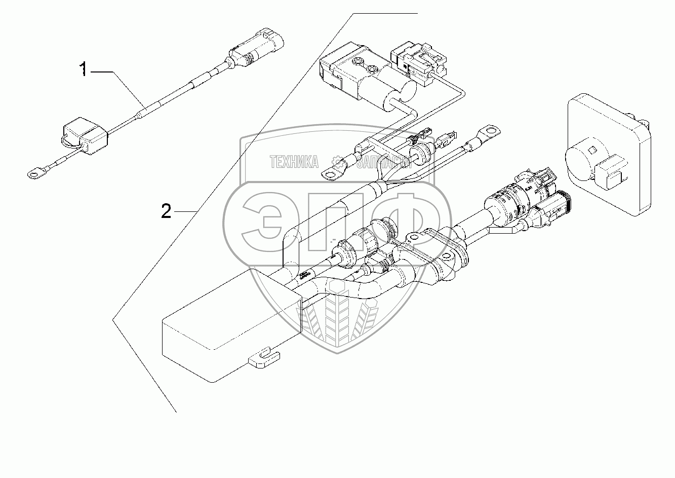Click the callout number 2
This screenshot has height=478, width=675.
[x=166, y=211]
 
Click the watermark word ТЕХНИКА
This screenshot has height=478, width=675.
[x=294, y=162]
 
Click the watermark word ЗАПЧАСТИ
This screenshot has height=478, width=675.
[x=384, y=162]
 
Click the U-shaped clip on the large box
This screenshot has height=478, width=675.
[x=264, y=357]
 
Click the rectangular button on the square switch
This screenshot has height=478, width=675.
[x=611, y=175]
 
